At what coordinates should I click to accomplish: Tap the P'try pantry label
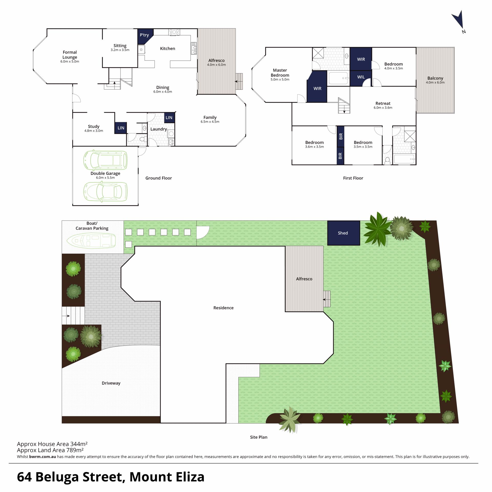click(x=144, y=35)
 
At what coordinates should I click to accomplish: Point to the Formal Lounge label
click(x=70, y=55)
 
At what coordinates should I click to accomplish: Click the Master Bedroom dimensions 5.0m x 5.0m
click(x=280, y=79)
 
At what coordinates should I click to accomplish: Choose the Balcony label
click(x=435, y=78)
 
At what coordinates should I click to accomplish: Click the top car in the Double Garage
click(x=105, y=161)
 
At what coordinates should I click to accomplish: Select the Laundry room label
click(x=159, y=129)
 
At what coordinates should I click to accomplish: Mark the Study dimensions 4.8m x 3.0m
click(x=94, y=131)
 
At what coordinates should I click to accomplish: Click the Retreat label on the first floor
click(x=383, y=104)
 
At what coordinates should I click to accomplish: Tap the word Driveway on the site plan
click(x=111, y=383)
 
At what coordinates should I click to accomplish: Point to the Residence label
click(x=223, y=308)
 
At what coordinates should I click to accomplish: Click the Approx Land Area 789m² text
click(x=50, y=450)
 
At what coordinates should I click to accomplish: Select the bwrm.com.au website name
click(x=43, y=457)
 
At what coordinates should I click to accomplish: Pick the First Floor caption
click(x=353, y=178)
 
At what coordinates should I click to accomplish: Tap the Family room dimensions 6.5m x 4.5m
click(x=210, y=122)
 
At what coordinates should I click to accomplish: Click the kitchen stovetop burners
click(x=174, y=32)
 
